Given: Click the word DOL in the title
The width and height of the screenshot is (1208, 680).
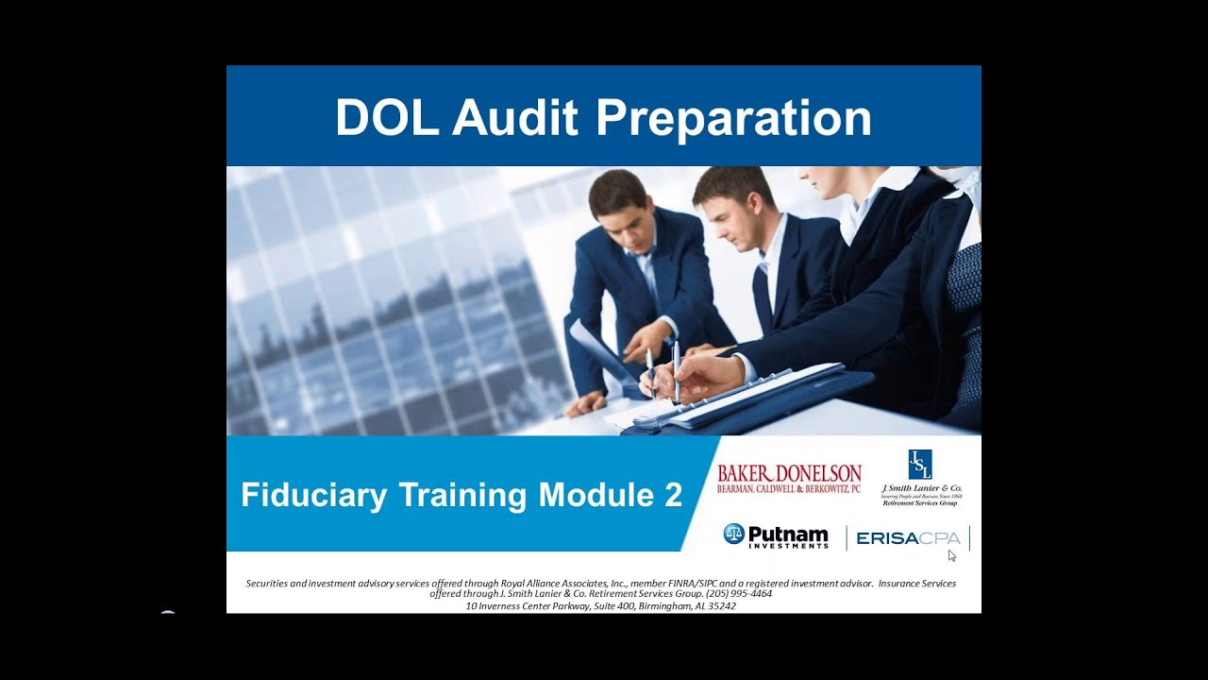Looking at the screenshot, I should point(386,118).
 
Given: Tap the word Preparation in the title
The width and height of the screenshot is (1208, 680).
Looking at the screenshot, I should point(733,118).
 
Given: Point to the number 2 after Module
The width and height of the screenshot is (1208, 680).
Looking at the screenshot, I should point(673,495).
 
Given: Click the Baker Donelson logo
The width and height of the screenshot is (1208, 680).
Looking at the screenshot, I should point(789,478).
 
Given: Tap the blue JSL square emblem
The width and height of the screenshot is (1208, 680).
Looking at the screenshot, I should point(920,465).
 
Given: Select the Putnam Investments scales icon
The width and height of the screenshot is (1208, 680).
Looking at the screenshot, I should point(734,534).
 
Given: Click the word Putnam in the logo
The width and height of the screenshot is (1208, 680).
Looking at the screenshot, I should point(788,533).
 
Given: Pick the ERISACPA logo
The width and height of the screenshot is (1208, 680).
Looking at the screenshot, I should point(908,538).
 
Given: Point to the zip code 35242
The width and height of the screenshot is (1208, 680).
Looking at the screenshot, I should point(719,606).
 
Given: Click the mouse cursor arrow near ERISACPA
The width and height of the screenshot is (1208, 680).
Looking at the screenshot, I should point(952,555).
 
